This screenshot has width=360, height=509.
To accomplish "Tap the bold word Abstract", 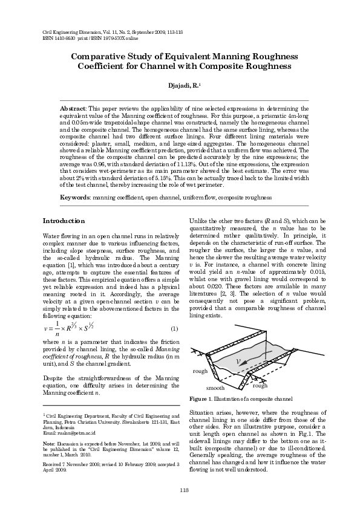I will point(73,107).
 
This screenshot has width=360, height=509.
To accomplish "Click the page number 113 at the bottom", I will point(180,490).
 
